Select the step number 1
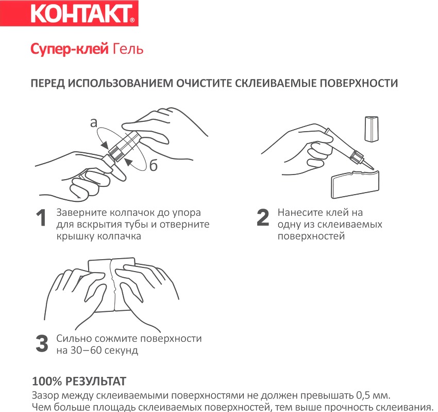click(41, 218)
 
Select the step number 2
click(263, 218)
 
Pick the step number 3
click(42, 344)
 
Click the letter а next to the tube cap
click(93, 122)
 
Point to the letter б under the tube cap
click(154, 166)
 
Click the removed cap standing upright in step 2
click(371, 129)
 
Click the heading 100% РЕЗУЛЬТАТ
click(79, 382)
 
